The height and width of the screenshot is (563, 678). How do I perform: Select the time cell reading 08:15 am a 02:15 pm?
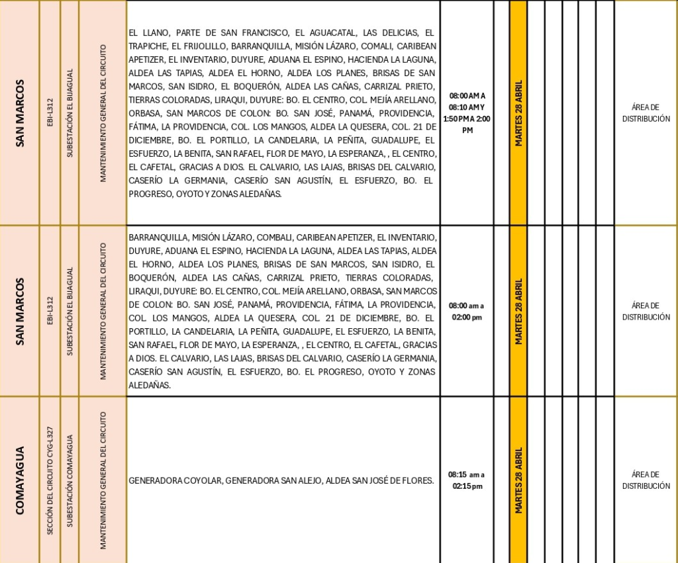pos(466,480)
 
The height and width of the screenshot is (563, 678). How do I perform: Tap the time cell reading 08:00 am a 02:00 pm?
pos(466,312)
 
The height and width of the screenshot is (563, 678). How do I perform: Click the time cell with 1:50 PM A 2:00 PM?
pos(466,124)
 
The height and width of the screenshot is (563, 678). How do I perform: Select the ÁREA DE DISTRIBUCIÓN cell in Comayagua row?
pos(646,480)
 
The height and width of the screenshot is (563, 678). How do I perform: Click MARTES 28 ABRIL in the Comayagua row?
pos(519,480)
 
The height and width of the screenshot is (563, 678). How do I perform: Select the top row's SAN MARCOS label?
pos(19,113)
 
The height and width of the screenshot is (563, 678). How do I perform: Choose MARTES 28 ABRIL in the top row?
pos(519,113)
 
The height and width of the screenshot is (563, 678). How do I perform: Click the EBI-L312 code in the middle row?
pos(50,311)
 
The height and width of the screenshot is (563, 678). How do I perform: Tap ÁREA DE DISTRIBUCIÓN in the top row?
pos(646,113)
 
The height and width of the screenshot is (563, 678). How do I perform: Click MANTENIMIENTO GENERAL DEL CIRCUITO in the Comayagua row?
pos(103,481)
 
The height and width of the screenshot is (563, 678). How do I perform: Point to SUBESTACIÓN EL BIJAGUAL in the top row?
pos(70,113)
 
